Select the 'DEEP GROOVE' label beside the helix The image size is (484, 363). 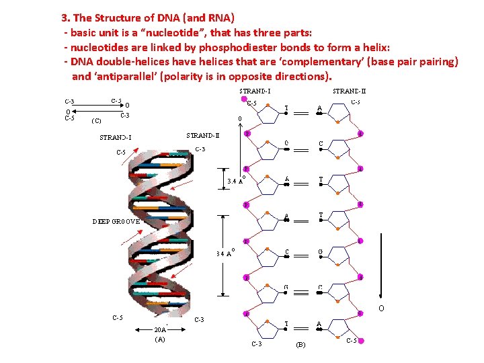116,220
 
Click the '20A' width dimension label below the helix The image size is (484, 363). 160,330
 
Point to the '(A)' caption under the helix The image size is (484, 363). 160,339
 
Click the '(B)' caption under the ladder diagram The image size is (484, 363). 300,345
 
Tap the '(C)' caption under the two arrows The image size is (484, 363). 96,122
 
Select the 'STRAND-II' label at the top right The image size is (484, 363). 350,91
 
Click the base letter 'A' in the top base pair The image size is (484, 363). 319,108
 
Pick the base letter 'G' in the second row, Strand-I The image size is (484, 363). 287,143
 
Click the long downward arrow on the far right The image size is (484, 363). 380,202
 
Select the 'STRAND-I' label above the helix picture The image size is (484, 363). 116,138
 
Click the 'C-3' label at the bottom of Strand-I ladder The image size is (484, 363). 257,344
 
